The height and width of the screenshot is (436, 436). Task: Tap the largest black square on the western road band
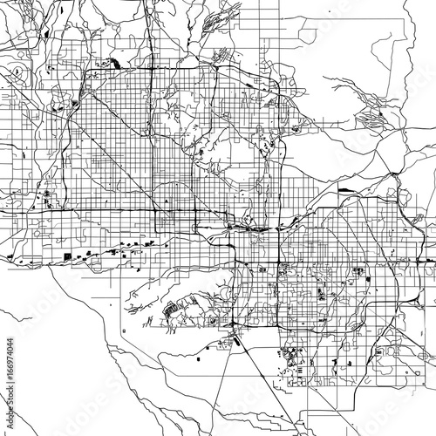coord(67,254)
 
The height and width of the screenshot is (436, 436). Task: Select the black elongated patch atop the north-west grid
coord(114,63)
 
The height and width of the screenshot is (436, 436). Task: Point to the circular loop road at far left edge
coord(15,68)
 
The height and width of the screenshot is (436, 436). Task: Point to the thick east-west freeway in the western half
coord(87,212)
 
